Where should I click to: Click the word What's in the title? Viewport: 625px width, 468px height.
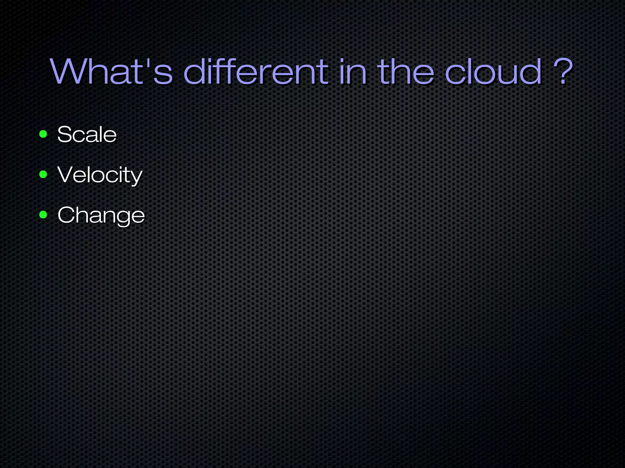click(x=112, y=72)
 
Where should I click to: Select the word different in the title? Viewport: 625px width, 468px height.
click(x=256, y=72)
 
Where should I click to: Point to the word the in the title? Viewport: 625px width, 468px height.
click(x=406, y=72)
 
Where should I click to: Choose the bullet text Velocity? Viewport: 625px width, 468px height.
click(x=100, y=175)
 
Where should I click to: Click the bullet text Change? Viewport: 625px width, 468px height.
click(x=101, y=215)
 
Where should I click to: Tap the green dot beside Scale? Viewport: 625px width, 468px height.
click(x=43, y=134)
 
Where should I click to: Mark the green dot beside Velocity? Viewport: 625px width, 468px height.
click(x=43, y=174)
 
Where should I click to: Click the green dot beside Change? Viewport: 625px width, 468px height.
click(x=43, y=215)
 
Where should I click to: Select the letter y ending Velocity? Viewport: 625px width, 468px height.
click(x=136, y=177)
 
